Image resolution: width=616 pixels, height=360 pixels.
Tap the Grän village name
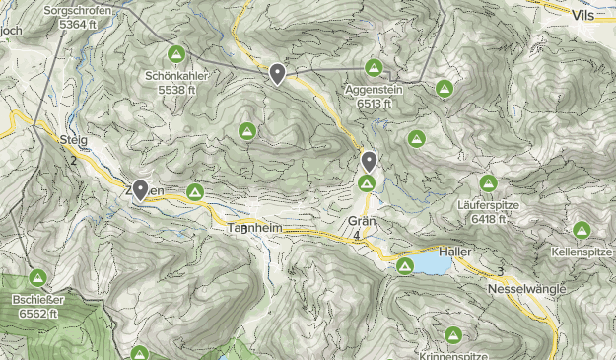click(x=362, y=221)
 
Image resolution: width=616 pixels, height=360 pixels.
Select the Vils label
click(x=588, y=15)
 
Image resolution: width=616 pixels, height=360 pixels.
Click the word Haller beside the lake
click(x=456, y=252)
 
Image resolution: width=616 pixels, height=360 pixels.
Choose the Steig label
click(x=74, y=140)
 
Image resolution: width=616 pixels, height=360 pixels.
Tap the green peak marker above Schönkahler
click(x=177, y=53)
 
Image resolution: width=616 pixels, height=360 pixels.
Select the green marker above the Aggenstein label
click(x=374, y=68)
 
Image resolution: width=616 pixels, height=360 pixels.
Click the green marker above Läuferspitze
click(x=488, y=183)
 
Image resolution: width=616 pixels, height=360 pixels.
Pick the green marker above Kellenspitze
click(x=582, y=231)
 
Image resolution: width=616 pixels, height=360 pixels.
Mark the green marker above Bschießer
click(x=38, y=278)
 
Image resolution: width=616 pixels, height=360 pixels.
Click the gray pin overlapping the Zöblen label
click(x=140, y=189)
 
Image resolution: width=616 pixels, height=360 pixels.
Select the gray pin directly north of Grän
click(x=369, y=161)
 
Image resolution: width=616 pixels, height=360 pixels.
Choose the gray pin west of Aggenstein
click(x=278, y=73)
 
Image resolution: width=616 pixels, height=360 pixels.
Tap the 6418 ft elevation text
click(x=489, y=218)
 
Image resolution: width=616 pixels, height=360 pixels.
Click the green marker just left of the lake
click(x=404, y=266)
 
